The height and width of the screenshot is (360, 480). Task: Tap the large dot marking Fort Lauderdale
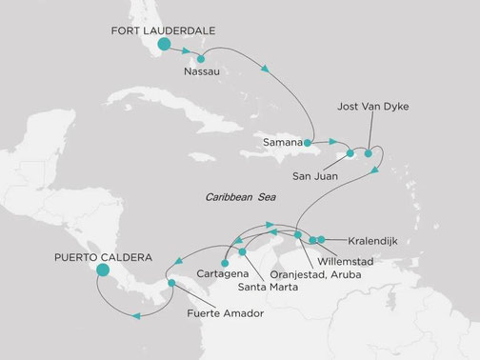(x=165, y=45)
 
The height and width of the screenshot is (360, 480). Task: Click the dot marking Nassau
(x=200, y=59)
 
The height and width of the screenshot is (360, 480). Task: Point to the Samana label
(x=283, y=142)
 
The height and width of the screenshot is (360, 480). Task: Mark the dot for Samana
(x=308, y=143)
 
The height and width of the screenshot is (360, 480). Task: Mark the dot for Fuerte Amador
(x=170, y=283)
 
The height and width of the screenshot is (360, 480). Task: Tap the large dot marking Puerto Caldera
(x=103, y=270)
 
